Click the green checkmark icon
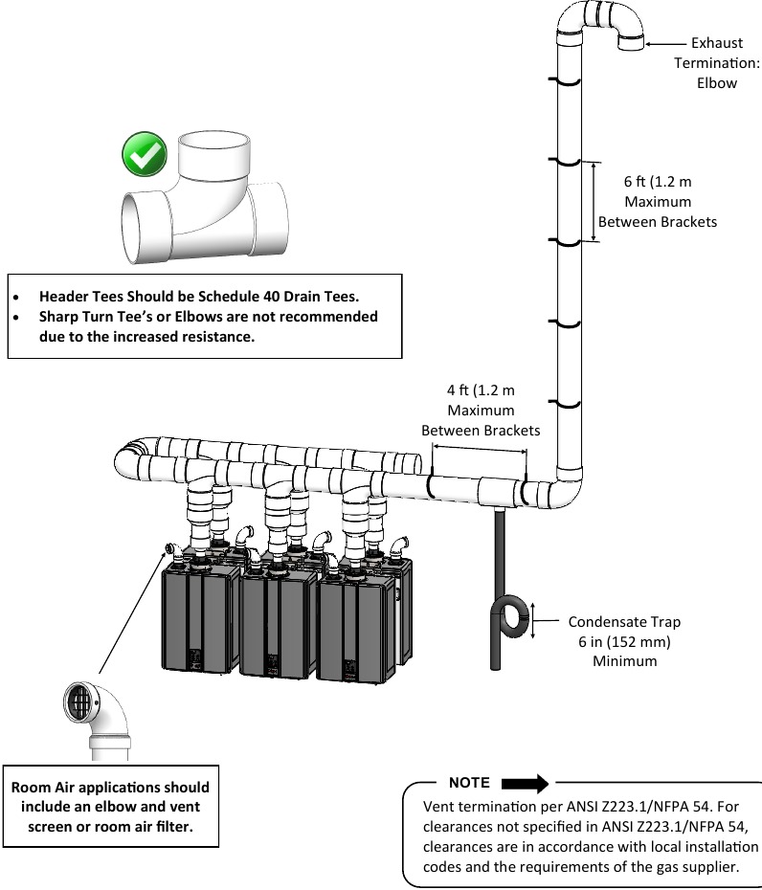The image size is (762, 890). point(145,155)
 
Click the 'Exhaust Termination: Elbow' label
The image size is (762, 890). point(716,62)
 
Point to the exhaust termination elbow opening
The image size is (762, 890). point(631,42)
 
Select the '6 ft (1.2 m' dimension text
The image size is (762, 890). point(657,182)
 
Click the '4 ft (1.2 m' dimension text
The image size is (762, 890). point(481,390)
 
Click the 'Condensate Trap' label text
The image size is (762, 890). point(624,621)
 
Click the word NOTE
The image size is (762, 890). point(469,783)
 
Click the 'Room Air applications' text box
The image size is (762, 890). point(109,806)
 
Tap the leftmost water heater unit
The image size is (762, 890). point(200,617)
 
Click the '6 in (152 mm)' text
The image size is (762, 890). point(624,641)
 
